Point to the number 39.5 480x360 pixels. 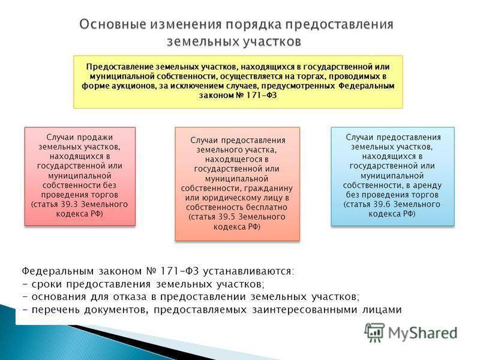pyautogui.click(x=227, y=217)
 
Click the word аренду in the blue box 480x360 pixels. pyautogui.click(x=427, y=185)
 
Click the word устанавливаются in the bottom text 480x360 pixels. pyautogui.click(x=248, y=271)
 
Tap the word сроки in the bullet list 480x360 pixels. pyautogui.click(x=47, y=284)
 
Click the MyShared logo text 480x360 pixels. pyautogui.click(x=423, y=333)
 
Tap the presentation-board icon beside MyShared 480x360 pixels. pyautogui.click(x=374, y=332)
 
